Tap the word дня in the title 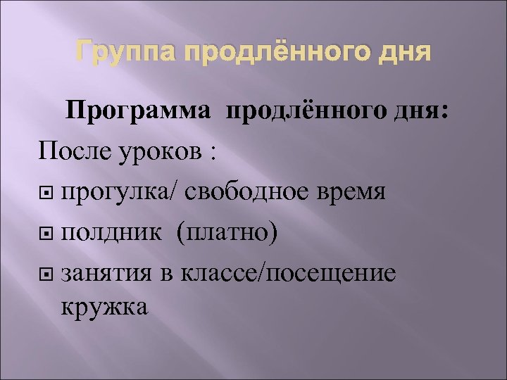click(403, 53)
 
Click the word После click(70, 151)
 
